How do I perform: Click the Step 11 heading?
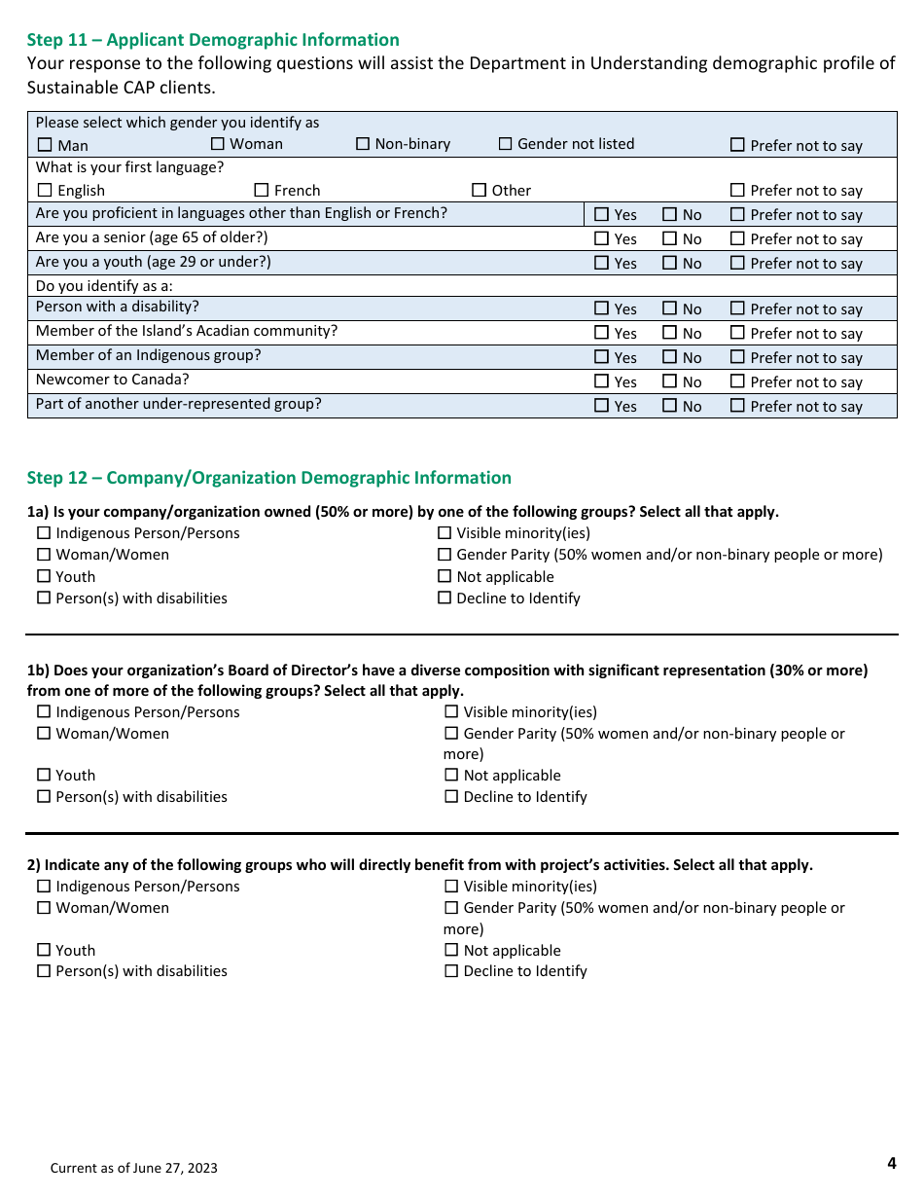(x=213, y=40)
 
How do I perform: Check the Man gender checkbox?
(x=45, y=145)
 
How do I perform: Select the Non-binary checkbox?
(x=363, y=144)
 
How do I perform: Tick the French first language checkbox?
(x=262, y=191)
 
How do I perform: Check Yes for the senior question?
(x=601, y=238)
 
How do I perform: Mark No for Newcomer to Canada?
(x=670, y=382)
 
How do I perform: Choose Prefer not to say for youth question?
(x=737, y=263)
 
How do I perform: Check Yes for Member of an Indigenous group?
(x=601, y=358)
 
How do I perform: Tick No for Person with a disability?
(x=670, y=308)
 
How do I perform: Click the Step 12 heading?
(x=268, y=478)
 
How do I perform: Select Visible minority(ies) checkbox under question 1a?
(x=444, y=533)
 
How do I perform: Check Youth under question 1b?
(x=44, y=776)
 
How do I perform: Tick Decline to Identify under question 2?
(x=451, y=971)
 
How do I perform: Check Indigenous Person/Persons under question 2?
(x=44, y=887)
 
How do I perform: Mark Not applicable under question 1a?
(x=444, y=577)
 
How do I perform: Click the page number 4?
(x=891, y=1163)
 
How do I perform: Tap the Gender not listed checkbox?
(x=505, y=144)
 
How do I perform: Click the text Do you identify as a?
(x=104, y=286)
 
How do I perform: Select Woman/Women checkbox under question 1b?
(x=44, y=734)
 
